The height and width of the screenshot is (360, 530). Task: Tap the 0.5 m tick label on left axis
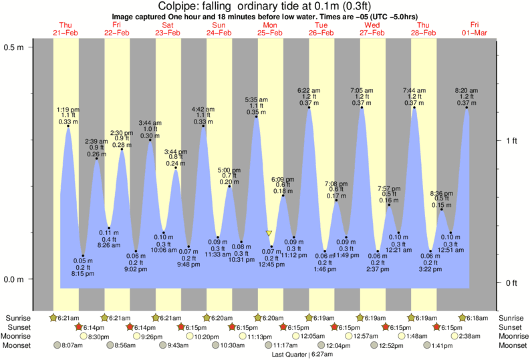tap(15, 47)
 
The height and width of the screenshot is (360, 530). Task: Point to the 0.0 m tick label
tap(15, 279)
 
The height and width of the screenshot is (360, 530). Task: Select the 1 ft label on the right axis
tap(511, 140)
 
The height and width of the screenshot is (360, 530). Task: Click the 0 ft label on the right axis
tap(511, 283)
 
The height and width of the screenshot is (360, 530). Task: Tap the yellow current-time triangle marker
tap(269, 233)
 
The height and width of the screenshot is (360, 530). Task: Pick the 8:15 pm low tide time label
tap(83, 273)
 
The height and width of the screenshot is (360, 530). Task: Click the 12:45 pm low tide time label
tap(271, 264)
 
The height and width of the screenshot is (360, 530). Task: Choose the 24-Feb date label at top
tap(219, 33)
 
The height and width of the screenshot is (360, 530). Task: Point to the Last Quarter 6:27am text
tap(302, 355)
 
